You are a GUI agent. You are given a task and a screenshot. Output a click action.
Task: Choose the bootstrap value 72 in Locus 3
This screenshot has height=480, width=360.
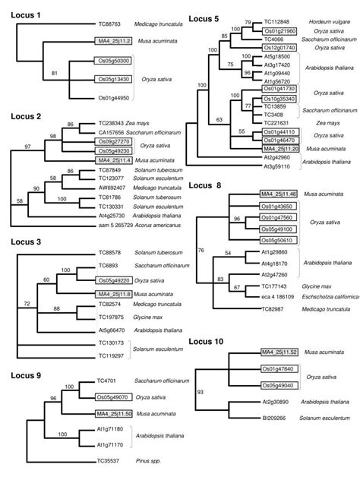(27, 302)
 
